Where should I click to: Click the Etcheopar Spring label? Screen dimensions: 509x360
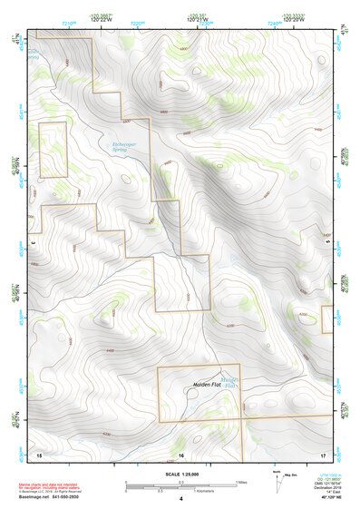point(122,147)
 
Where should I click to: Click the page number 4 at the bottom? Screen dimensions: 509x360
point(181,500)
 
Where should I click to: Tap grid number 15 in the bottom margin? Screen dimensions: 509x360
point(39,453)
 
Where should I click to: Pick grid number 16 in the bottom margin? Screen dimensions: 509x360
point(181,453)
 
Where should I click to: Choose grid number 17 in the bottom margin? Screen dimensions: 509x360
point(322,453)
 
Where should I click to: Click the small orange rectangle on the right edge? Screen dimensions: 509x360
point(326,318)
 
